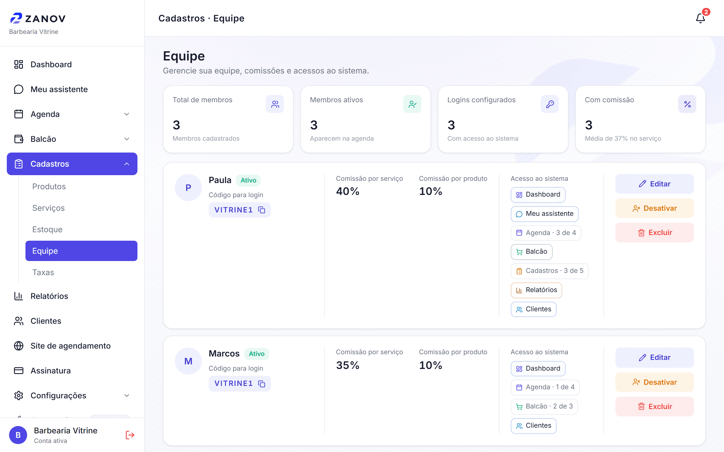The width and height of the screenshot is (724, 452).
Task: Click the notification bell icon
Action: point(700,19)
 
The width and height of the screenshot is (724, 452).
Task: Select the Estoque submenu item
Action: point(47,229)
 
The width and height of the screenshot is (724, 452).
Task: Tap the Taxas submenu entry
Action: point(43,272)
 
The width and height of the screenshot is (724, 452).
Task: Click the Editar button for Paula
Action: point(654,184)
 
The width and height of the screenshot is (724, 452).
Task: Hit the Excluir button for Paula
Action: point(654,232)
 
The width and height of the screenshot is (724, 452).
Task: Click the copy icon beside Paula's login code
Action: point(262,210)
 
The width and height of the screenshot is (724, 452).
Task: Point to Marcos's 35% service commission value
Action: point(347,365)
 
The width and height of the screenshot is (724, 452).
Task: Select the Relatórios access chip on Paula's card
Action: point(536,290)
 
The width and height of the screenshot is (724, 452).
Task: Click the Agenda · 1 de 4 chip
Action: point(545,387)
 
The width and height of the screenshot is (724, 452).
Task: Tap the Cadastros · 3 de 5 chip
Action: point(549,271)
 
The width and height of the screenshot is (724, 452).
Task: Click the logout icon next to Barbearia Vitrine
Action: point(130,435)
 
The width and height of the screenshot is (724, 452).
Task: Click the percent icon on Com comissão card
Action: point(687,104)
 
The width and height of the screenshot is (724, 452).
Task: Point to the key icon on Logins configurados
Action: point(550,104)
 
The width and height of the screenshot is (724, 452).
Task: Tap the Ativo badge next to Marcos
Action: point(257,354)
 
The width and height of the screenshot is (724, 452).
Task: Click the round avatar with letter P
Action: point(188,188)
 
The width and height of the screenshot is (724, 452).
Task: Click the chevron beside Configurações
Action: point(127,395)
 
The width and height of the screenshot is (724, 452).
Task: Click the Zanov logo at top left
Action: point(38,18)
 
